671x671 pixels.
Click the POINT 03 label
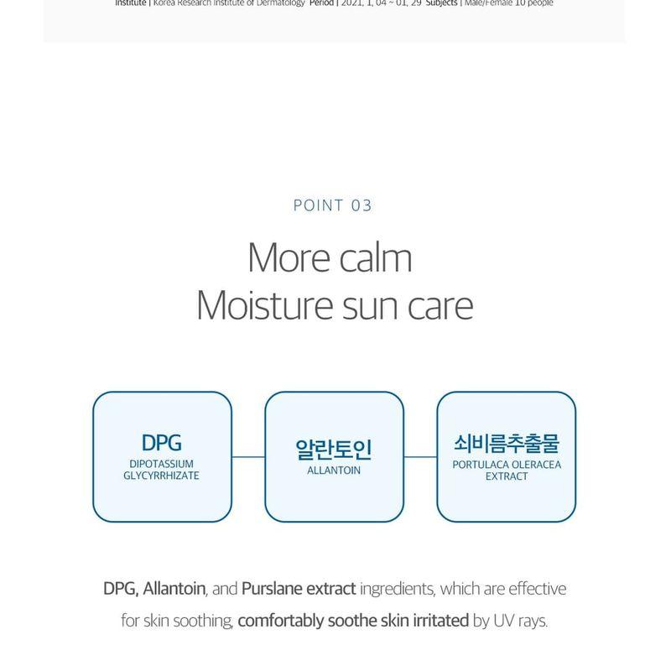click(x=332, y=205)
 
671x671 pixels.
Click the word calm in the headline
click(x=374, y=258)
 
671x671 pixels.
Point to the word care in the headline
click(x=441, y=307)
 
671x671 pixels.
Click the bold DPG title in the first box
click(x=162, y=443)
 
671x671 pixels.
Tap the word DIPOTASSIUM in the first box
click(x=162, y=464)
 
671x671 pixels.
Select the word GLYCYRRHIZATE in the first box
click(x=162, y=476)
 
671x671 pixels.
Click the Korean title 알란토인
click(x=334, y=450)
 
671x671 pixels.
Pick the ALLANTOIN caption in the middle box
click(x=334, y=471)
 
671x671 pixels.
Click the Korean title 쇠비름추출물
click(x=506, y=443)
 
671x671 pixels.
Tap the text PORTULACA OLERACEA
click(x=506, y=464)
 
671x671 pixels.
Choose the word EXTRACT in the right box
click(x=506, y=476)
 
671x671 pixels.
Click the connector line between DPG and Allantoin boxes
click(x=248, y=457)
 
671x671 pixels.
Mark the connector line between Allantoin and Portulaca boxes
click(x=420, y=457)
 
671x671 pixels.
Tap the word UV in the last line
click(x=502, y=622)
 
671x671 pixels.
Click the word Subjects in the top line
click(x=441, y=3)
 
